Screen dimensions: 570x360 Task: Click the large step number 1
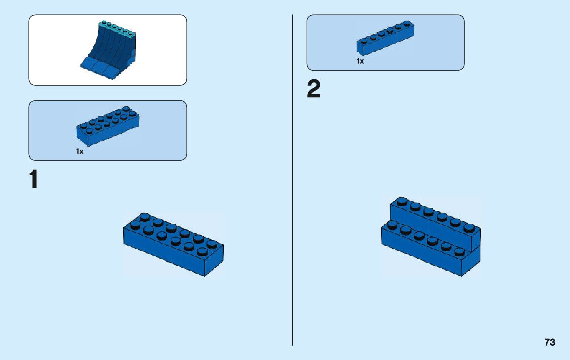click(33, 180)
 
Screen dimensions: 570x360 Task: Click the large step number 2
click(314, 90)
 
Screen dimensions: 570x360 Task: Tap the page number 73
click(550, 342)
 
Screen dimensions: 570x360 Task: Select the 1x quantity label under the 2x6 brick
click(80, 152)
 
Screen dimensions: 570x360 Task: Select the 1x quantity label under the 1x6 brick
click(360, 61)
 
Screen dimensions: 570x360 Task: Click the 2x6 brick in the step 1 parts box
click(108, 125)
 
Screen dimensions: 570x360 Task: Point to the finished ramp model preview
click(108, 50)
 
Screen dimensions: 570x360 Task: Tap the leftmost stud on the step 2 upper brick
click(401, 201)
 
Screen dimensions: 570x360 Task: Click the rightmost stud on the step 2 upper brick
click(468, 227)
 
